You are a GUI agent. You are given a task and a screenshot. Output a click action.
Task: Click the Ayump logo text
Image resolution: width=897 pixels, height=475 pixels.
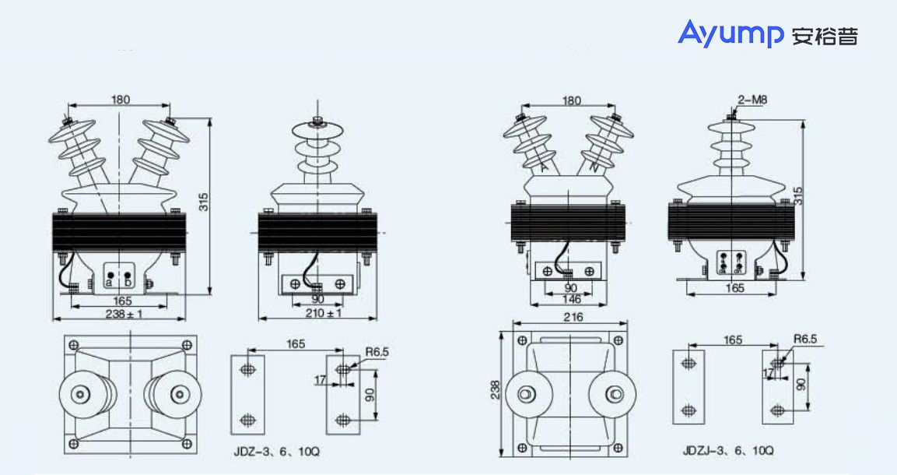click(x=731, y=33)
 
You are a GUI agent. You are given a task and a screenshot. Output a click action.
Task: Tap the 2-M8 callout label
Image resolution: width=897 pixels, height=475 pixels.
click(x=752, y=100)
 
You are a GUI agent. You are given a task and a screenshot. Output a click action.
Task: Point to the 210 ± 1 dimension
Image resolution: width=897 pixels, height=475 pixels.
click(x=322, y=314)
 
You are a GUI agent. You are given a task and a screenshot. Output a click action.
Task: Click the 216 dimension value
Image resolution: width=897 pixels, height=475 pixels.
click(x=572, y=317)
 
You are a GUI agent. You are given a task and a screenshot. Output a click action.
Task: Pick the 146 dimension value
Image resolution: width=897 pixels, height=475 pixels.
click(x=572, y=299)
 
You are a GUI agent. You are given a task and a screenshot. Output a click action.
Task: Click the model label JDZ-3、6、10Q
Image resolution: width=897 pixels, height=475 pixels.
click(x=276, y=451)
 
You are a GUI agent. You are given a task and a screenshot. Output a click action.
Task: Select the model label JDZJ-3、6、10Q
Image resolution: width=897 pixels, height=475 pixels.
click(x=728, y=451)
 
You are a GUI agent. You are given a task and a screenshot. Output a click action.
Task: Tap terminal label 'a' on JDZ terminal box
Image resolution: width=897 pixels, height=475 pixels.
click(x=110, y=283)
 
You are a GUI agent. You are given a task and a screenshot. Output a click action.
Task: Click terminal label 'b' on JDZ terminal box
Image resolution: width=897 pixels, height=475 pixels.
click(x=128, y=283)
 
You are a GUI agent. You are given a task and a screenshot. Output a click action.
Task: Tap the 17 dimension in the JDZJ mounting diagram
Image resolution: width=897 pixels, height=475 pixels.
click(x=768, y=374)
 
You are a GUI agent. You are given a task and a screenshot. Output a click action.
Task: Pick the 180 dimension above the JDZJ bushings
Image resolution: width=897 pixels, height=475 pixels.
click(x=572, y=100)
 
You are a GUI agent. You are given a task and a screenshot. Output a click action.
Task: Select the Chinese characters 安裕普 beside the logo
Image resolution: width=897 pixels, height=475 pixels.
click(x=825, y=36)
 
